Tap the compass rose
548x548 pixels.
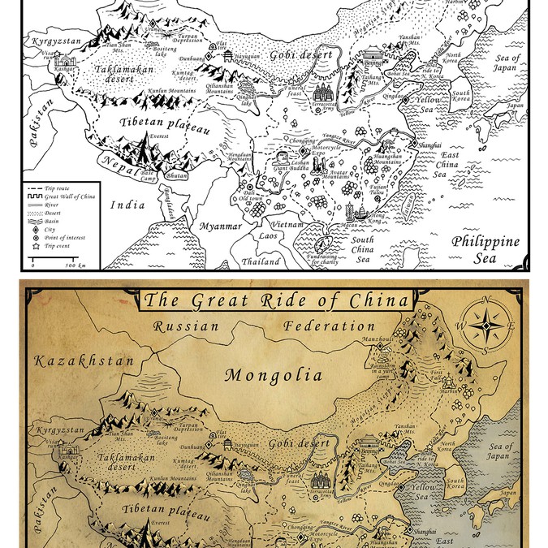point(485,326)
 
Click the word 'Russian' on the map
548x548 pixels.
point(188,326)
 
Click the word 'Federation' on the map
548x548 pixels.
point(329,326)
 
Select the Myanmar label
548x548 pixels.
point(221,226)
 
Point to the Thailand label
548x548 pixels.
point(260,262)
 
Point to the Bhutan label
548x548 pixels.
point(176,175)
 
